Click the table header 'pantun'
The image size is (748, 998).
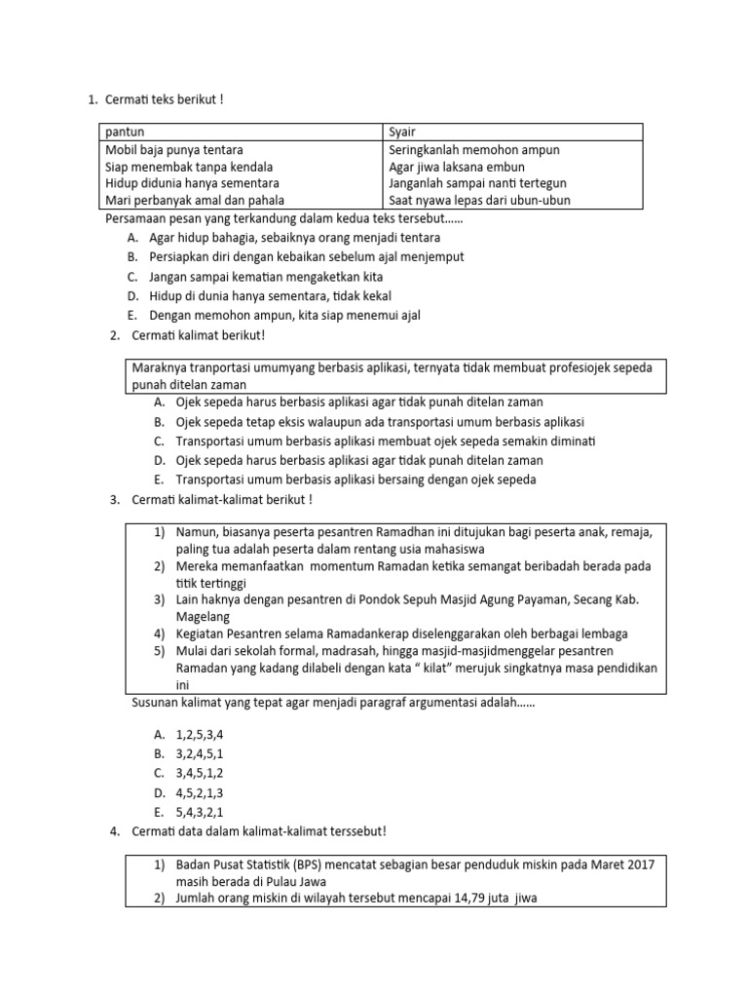[125, 132]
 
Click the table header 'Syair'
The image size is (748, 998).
[402, 132]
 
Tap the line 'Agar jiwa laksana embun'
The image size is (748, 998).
[458, 167]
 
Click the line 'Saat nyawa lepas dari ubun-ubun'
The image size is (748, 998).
[479, 201]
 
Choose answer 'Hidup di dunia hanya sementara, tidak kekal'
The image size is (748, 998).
[271, 295]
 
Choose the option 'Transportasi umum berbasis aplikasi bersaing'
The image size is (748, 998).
[355, 480]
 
